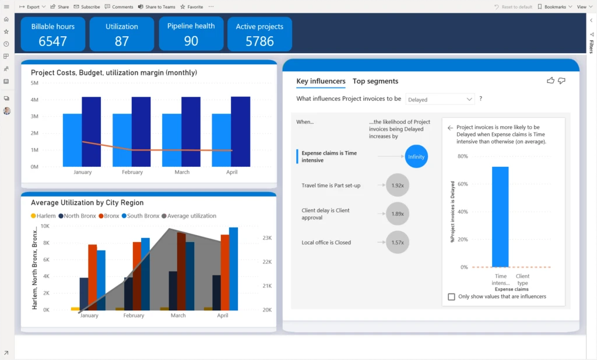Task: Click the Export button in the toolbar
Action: [33, 6]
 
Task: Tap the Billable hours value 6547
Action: [52, 41]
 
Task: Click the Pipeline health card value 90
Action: [191, 41]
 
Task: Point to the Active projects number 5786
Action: [259, 41]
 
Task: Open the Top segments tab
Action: [375, 81]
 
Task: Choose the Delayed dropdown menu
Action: [440, 99]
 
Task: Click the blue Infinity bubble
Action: [416, 156]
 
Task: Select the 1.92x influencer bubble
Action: [398, 185]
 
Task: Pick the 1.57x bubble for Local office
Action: [398, 242]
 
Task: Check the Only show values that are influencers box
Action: [451, 296]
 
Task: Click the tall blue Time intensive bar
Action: [500, 216]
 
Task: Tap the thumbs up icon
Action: [550, 81]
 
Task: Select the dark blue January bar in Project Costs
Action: [92, 131]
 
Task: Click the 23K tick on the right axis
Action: [268, 238]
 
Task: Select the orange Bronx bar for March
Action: [181, 271]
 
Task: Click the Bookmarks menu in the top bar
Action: [554, 6]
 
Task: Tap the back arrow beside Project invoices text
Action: [450, 127]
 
